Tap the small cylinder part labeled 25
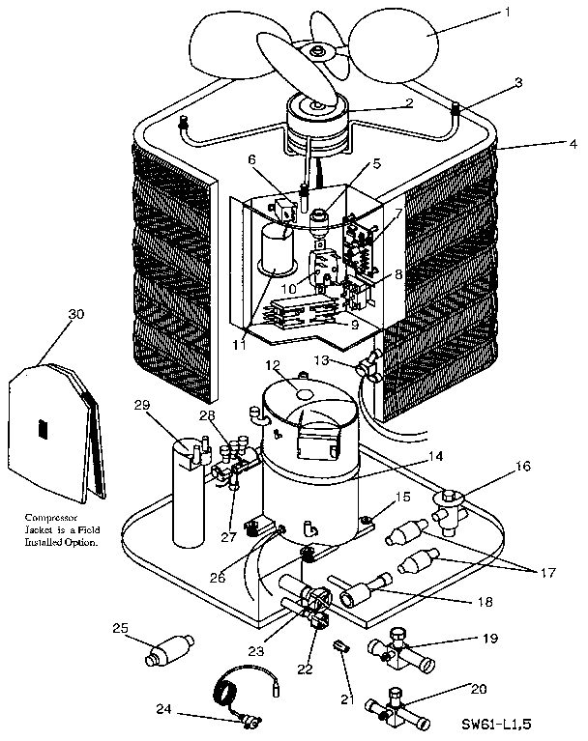(166, 649)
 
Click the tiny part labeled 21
(339, 644)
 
